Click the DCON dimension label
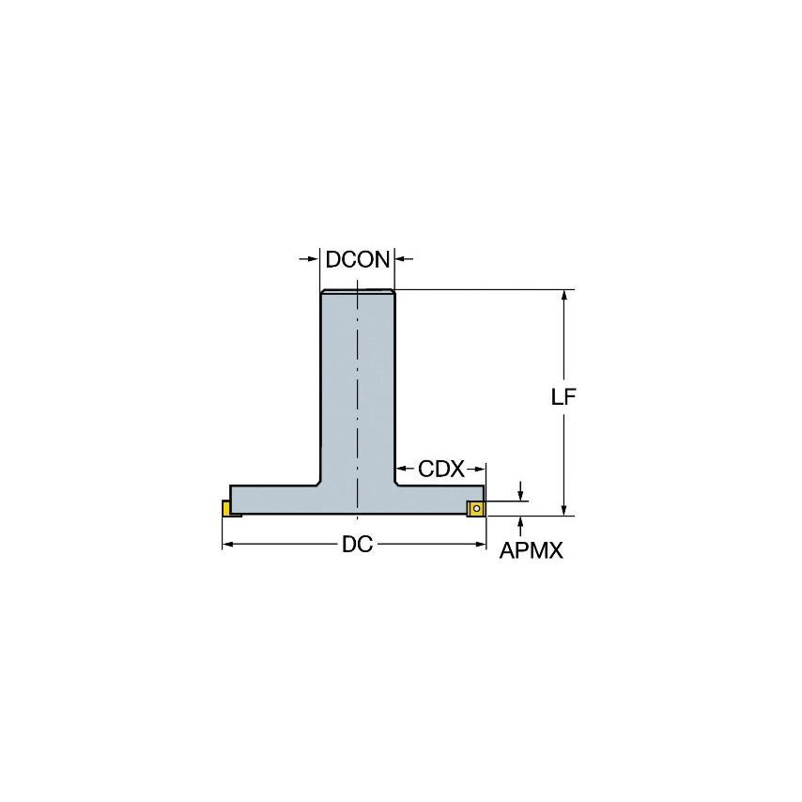pyautogui.click(x=357, y=260)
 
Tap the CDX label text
pyautogui.click(x=440, y=470)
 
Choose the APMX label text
pyautogui.click(x=531, y=552)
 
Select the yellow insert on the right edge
pyautogui.click(x=476, y=508)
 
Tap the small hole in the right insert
pyautogui.click(x=476, y=509)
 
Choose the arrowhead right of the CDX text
pyautogui.click(x=480, y=470)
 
